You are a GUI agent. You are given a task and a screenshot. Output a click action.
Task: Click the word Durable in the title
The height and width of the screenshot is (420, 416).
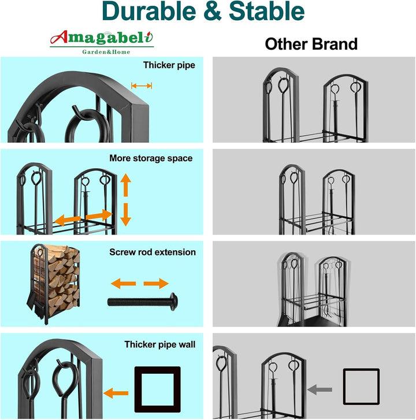point(149,11)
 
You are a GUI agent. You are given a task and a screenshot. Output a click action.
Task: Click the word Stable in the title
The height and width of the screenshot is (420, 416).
point(267,11)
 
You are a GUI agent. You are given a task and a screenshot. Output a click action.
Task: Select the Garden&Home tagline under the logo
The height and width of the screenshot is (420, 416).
point(106,52)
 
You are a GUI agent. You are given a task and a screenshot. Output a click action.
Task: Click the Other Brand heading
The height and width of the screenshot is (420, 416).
point(311,44)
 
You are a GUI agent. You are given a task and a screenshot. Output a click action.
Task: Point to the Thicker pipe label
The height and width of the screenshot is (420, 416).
point(169,65)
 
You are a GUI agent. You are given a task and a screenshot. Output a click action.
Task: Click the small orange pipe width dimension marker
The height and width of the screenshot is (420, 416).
point(142,86)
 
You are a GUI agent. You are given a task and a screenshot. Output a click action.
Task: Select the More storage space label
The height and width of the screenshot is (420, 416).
point(151,158)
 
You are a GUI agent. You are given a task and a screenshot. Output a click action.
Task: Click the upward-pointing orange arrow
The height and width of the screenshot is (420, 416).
point(125,185)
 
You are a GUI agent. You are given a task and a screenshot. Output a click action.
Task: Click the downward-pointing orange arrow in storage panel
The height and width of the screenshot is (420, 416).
point(125,214)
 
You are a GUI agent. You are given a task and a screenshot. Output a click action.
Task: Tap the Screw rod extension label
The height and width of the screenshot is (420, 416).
point(153,252)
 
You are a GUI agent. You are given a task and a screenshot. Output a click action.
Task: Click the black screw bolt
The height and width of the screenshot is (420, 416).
point(143,302)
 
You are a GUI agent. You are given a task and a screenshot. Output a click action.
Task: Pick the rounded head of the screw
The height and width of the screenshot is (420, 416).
point(174,302)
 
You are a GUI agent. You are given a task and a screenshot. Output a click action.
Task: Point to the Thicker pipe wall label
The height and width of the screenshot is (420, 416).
point(160,344)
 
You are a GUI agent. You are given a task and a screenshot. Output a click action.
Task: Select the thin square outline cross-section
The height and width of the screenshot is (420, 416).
point(345,386)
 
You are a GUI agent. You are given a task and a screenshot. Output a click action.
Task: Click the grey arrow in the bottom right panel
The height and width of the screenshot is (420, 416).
point(320,389)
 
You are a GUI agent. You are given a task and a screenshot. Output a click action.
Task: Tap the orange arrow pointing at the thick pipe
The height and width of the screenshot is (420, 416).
point(116,393)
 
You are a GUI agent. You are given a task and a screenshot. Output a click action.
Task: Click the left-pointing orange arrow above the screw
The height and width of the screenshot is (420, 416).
point(123,284)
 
